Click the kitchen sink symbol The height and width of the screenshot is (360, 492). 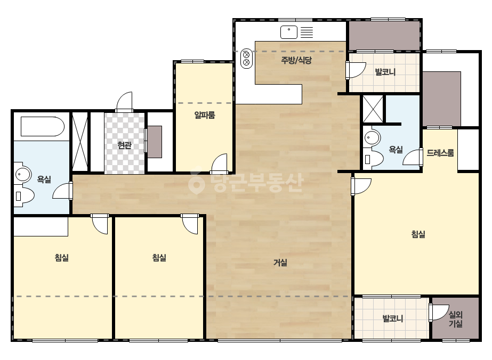(289, 32)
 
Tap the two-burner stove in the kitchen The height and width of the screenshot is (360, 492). (246, 59)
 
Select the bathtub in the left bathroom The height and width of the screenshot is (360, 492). (43, 126)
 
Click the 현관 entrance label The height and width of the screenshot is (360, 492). (124, 145)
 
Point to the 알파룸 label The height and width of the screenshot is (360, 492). (205, 115)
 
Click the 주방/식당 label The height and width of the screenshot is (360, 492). (296, 60)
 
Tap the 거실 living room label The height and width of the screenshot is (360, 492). (280, 263)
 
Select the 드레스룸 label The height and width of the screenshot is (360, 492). (440, 153)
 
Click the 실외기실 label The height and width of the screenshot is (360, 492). (455, 319)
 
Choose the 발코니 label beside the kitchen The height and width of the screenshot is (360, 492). (385, 72)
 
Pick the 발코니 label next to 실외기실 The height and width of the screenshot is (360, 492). (392, 318)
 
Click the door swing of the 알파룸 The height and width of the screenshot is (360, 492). (219, 163)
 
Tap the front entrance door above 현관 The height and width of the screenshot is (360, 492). (124, 102)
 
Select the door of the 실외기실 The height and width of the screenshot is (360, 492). (439, 312)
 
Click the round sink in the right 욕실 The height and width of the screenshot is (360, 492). (372, 138)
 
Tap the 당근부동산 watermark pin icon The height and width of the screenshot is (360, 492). (196, 183)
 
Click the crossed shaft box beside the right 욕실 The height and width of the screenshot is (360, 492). (373, 109)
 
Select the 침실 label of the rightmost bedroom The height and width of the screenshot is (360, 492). (418, 234)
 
